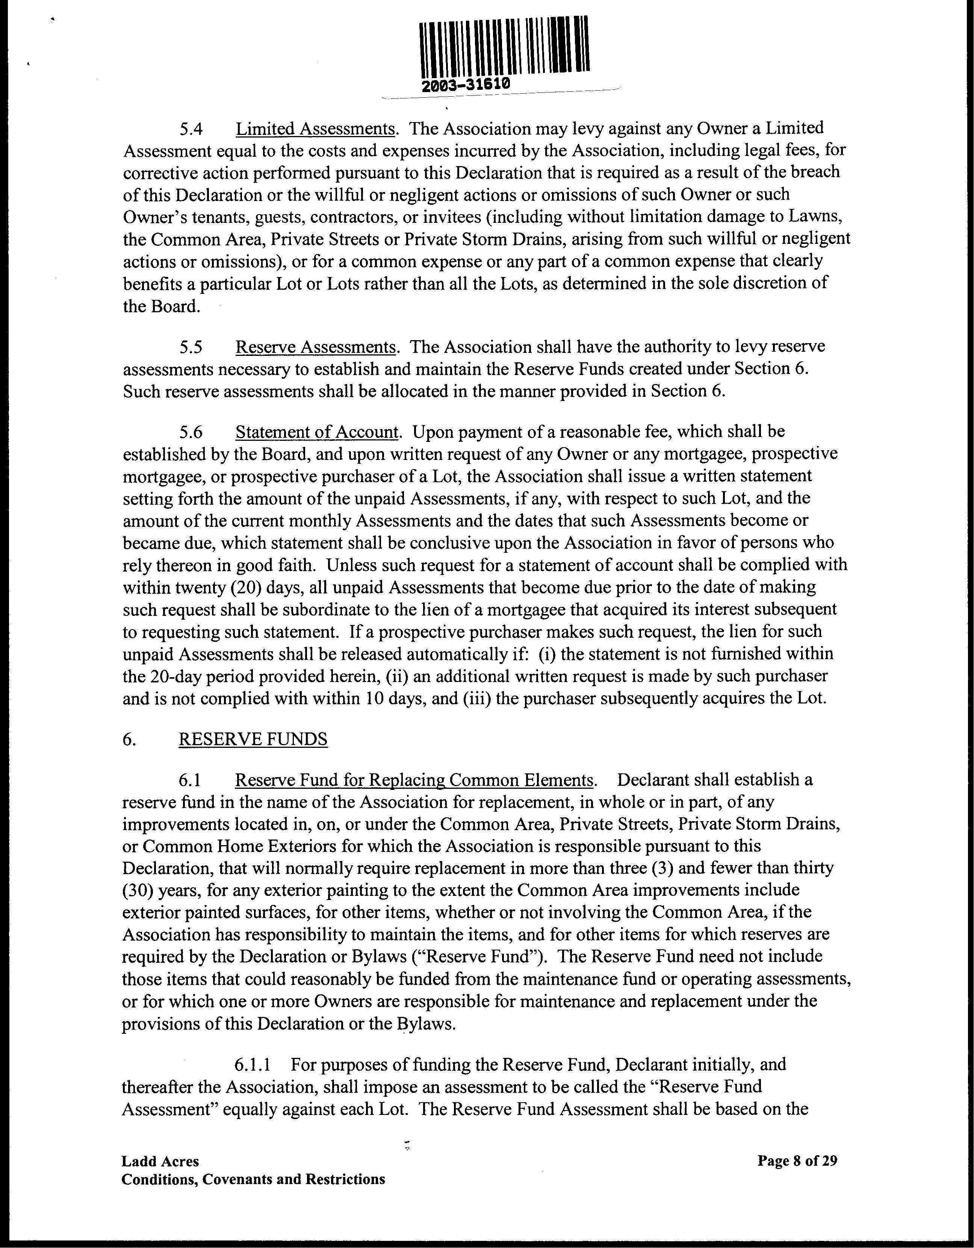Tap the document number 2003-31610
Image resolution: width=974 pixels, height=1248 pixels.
(464, 84)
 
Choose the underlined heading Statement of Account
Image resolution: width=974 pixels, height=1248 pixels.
(317, 432)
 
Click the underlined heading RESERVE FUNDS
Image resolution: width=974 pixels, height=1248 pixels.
(253, 740)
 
